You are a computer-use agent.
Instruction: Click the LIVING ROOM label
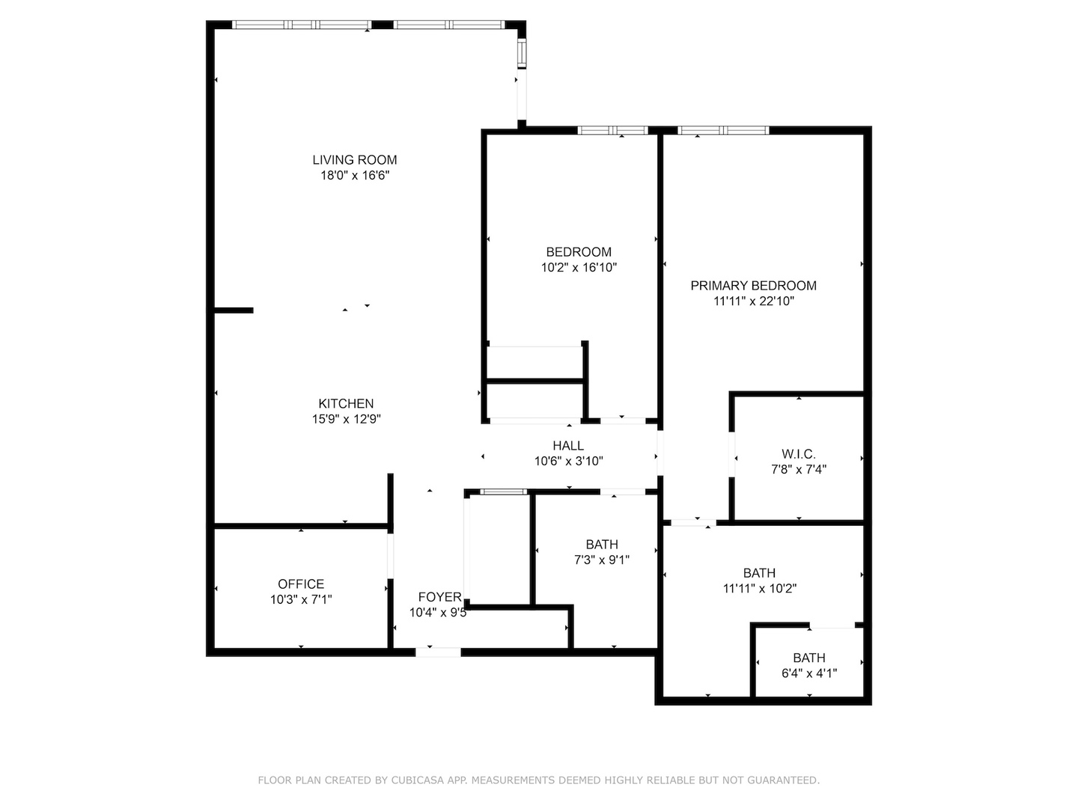354,159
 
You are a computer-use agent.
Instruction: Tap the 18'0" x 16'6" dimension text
354,176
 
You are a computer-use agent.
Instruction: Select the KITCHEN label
346,403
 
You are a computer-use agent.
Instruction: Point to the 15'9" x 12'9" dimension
346,420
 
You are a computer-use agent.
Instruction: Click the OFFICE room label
301,584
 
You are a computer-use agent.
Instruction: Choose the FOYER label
439,596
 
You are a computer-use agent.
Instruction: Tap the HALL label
568,446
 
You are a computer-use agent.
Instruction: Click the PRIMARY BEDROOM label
753,285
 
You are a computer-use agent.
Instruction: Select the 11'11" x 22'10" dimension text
753,302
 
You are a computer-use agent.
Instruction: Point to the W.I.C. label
799,454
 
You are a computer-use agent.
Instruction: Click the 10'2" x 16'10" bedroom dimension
579,268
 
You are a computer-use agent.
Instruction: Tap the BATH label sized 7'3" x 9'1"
602,544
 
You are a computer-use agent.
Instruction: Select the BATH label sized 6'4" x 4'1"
809,658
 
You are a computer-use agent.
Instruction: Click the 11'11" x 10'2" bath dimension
759,589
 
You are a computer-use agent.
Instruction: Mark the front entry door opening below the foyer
438,652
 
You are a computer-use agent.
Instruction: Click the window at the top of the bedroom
613,130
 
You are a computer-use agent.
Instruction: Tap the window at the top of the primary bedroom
723,130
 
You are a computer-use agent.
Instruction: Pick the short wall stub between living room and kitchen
234,310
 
